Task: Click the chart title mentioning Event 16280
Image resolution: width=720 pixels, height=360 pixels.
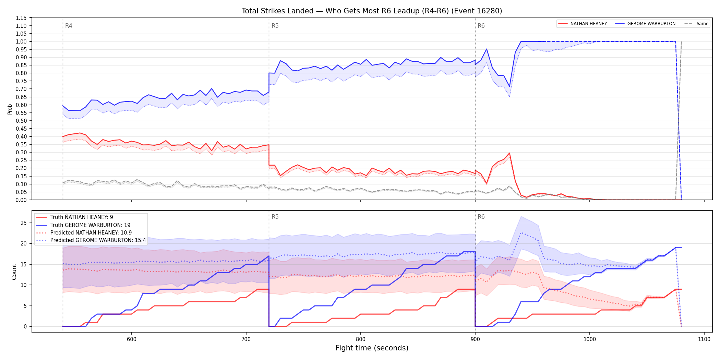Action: (x=372, y=11)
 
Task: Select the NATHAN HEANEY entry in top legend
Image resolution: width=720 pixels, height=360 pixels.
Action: (x=583, y=24)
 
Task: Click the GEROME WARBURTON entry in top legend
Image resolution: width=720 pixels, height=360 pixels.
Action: (x=645, y=24)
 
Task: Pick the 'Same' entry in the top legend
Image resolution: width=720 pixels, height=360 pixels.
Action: (x=696, y=24)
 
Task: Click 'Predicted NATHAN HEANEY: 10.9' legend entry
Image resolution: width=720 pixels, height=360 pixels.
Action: (x=84, y=232)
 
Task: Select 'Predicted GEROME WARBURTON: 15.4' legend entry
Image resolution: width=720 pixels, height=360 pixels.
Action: (x=91, y=240)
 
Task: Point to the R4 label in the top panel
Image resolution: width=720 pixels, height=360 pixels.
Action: (x=69, y=26)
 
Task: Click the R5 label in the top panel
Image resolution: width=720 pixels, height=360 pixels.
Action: (x=275, y=26)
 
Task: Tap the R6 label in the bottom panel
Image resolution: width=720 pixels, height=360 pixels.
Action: (x=481, y=217)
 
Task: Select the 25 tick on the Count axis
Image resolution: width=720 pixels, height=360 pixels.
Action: (x=24, y=223)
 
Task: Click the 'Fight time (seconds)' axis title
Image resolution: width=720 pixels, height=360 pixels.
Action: (x=372, y=348)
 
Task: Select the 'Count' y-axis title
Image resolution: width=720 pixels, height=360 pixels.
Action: (x=14, y=272)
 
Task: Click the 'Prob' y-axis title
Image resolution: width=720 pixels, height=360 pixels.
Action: (x=10, y=109)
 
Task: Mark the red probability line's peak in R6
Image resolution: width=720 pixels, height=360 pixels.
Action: (x=509, y=153)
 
